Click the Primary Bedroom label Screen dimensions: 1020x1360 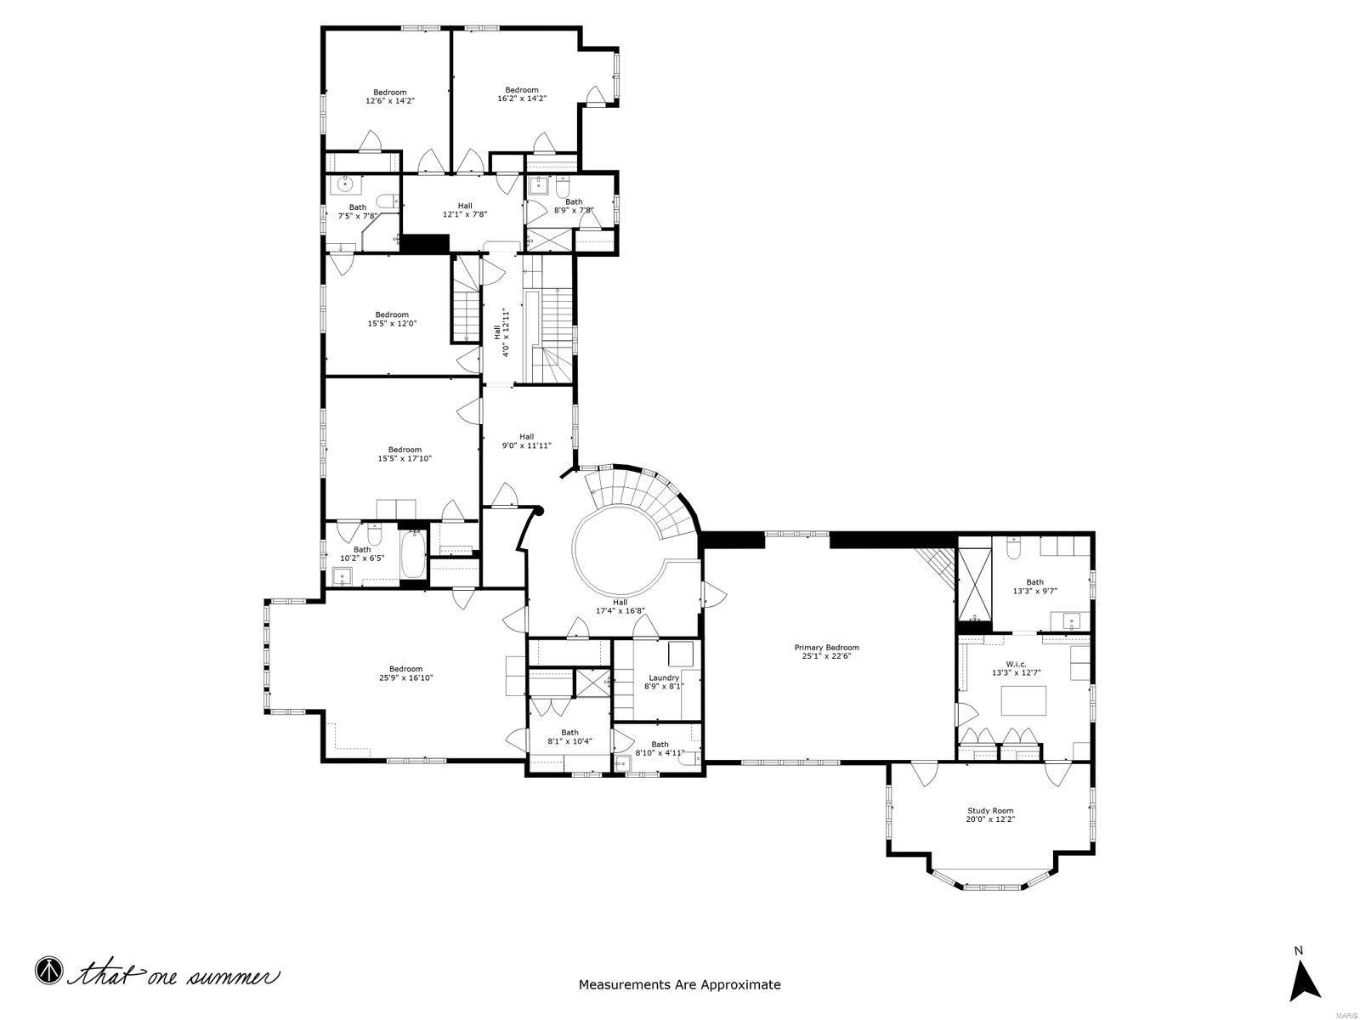point(826,647)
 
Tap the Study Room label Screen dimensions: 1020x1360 point(990,811)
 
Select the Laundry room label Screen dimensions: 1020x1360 point(663,677)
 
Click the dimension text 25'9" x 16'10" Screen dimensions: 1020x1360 point(405,678)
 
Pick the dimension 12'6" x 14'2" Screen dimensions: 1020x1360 point(390,101)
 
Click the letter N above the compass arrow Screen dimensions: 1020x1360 point(1298,950)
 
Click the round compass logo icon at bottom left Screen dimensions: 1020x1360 point(48,970)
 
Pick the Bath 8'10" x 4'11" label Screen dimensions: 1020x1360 point(660,748)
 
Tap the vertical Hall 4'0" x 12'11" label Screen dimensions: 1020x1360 point(501,331)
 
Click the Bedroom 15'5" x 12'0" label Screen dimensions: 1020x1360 point(392,319)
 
